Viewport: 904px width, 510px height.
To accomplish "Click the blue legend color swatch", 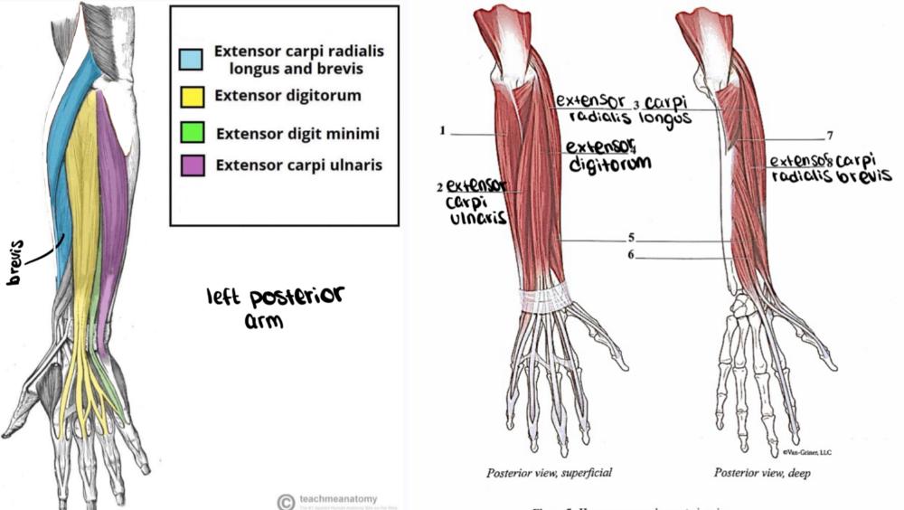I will pos(190,59).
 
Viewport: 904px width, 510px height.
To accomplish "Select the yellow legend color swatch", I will pos(190,95).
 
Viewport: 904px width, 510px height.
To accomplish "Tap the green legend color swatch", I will pos(190,133).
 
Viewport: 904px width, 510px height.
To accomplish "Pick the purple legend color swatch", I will pos(190,165).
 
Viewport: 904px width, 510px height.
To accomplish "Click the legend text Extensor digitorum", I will pos(287,95).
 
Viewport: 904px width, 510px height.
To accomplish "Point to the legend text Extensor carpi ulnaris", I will pos(298,165).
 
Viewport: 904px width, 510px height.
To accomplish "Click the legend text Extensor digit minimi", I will pos(297,133).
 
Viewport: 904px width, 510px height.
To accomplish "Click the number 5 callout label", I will pos(631,239).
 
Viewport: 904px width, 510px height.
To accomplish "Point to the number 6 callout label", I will pos(631,257).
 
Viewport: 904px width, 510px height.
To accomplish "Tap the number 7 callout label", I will pos(829,137).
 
